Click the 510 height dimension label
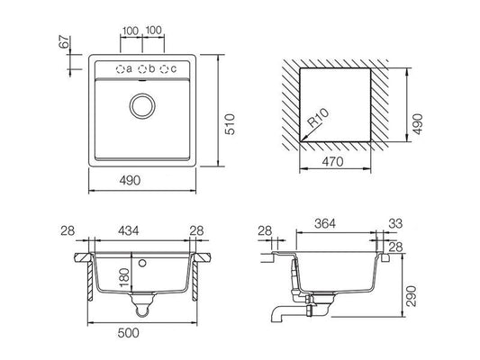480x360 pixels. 230,124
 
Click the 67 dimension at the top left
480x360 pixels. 64,41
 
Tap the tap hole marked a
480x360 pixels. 120,69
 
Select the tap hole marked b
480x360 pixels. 142,69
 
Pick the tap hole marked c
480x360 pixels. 165,69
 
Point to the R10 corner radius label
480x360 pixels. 319,118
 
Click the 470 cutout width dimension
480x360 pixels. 332,161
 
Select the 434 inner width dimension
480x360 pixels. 129,230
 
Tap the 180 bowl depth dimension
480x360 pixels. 124,277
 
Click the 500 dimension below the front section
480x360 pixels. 128,333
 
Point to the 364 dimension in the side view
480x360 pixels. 325,223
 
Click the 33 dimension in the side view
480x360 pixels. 395,223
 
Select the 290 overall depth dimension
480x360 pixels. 411,296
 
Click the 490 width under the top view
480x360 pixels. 130,181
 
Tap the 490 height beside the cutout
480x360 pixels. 418,124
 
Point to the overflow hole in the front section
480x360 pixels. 142,263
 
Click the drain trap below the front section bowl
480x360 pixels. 142,304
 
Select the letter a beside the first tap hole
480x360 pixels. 129,69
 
